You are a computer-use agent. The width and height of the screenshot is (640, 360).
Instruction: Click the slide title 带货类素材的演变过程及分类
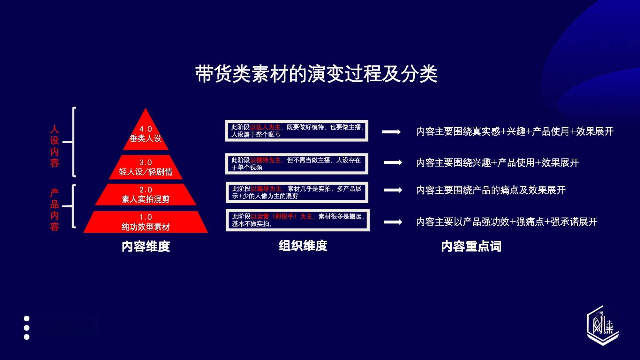[x=316, y=74]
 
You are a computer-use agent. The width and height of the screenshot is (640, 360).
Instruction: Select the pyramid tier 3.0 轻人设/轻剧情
[x=146, y=167]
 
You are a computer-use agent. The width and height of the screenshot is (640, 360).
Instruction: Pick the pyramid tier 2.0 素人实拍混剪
[x=146, y=194]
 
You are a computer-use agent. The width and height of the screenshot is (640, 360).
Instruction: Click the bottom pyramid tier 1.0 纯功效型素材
[x=146, y=222]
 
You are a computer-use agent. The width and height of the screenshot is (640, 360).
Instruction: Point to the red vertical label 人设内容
[x=54, y=146]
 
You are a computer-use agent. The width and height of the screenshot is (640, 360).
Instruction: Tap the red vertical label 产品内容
[x=54, y=210]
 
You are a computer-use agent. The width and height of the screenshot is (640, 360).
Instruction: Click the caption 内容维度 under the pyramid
[x=146, y=246]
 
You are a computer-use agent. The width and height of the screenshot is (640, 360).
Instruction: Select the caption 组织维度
[x=303, y=246]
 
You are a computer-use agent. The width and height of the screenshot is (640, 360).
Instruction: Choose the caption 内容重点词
[x=471, y=246]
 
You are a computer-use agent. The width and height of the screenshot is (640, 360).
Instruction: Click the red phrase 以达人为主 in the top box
[x=265, y=127]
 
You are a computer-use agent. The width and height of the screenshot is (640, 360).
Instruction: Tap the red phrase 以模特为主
[x=266, y=160]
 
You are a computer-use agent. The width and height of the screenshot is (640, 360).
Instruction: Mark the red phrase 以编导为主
[x=267, y=189]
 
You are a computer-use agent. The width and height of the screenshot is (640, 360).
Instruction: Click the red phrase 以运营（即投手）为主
[x=282, y=217]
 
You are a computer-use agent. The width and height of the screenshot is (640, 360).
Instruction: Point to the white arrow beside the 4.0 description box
[x=391, y=132]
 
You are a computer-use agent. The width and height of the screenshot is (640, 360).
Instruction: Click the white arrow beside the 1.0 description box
[x=393, y=222]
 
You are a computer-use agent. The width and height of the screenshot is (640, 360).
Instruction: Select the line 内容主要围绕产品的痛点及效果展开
[x=491, y=190]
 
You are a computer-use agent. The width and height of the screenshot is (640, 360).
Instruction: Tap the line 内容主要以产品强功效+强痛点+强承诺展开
[x=507, y=222]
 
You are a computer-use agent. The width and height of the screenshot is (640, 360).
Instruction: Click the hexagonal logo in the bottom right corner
[x=603, y=325]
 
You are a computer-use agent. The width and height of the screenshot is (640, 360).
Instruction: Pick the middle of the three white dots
[x=27, y=328]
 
